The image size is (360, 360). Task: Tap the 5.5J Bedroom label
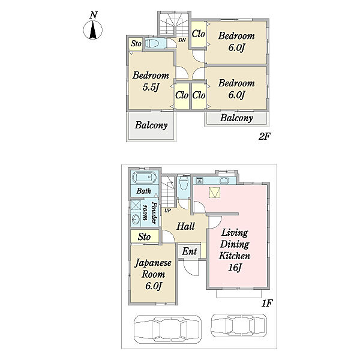(x=151, y=81)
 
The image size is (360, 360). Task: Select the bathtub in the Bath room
(x=144, y=178)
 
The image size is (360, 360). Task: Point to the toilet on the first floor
(x=184, y=183)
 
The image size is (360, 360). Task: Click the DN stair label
(x=182, y=40)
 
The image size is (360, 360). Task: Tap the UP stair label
(x=167, y=210)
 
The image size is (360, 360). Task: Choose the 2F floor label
(x=264, y=137)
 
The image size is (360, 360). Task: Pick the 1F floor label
(x=267, y=304)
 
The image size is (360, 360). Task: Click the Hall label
(x=185, y=226)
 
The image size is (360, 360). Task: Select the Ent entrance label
(x=190, y=251)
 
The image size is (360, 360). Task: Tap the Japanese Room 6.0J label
(x=153, y=274)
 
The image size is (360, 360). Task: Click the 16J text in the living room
(x=234, y=268)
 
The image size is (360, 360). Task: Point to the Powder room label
(x=149, y=212)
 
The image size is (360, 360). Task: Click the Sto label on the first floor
(x=144, y=237)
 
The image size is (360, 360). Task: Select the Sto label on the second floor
(x=136, y=43)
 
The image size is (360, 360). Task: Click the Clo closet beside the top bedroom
(x=198, y=34)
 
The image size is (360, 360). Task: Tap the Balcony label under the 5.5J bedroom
(x=151, y=125)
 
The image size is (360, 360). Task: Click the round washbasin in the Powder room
(x=136, y=220)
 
